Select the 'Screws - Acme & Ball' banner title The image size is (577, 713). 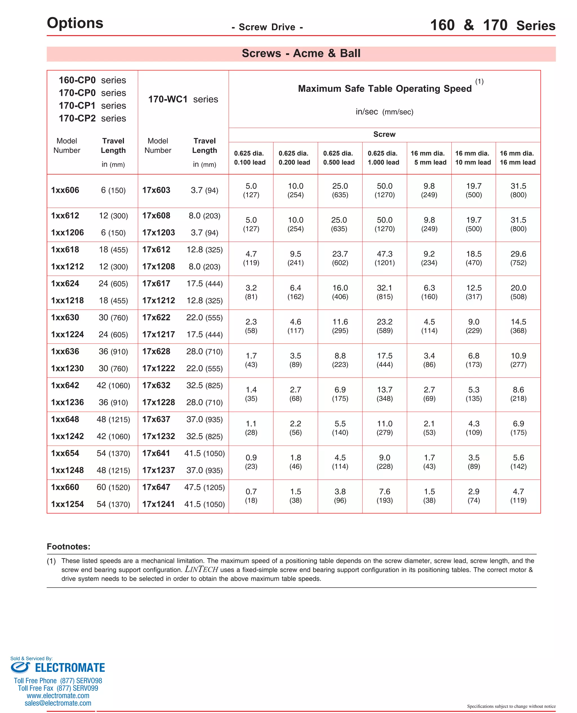pyautogui.click(x=301, y=53)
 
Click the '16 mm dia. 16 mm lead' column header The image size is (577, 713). pyautogui.click(x=518, y=158)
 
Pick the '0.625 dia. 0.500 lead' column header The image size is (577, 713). pyautogui.click(x=339, y=158)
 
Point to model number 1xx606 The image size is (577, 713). pyautogui.click(x=65, y=190)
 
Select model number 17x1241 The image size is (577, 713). pyautogui.click(x=158, y=504)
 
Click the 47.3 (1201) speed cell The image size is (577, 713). pyautogui.click(x=385, y=258)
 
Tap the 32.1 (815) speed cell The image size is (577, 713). pyautogui.click(x=385, y=292)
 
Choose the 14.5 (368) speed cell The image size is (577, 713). pyautogui.click(x=518, y=326)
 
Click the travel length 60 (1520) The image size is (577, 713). pyautogui.click(x=113, y=487)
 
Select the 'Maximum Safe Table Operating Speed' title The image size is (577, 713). pyautogui.click(x=385, y=88)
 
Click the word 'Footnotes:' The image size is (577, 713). pyautogui.click(x=68, y=546)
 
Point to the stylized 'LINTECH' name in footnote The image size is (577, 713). pyautogui.click(x=201, y=569)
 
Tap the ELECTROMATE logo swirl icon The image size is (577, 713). pyautogui.click(x=20, y=667)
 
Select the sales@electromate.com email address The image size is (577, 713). pyautogui.click(x=58, y=703)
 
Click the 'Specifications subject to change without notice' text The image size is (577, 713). pyautogui.click(x=511, y=706)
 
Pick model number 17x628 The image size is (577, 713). pyautogui.click(x=156, y=351)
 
